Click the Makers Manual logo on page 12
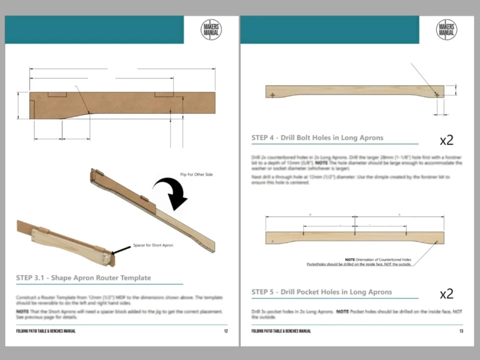[211, 29]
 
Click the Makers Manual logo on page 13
[446, 29]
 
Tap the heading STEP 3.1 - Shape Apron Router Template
[83, 277]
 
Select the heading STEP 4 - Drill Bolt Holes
[317, 137]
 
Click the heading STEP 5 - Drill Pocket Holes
[322, 292]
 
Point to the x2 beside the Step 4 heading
[446, 139]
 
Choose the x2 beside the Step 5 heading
[446, 294]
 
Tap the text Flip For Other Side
[197, 174]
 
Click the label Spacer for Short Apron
[153, 246]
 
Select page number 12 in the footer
[226, 331]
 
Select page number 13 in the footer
[461, 331]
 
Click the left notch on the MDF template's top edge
[58, 95]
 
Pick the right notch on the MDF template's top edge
[164, 95]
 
